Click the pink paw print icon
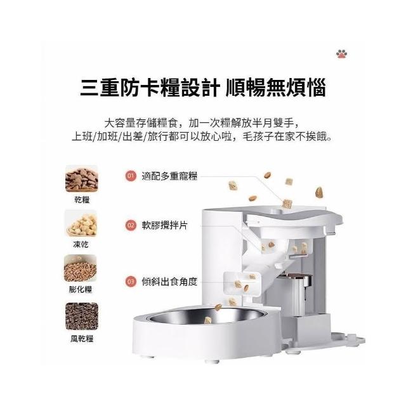[x=341, y=53]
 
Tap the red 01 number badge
[x=131, y=176]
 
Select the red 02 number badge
[x=131, y=225]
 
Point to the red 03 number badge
[x=131, y=281]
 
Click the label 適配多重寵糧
[x=169, y=176]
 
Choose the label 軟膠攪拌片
[x=164, y=225]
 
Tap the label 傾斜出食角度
[x=169, y=281]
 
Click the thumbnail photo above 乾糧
[x=82, y=179]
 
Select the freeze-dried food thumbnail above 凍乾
[x=81, y=223]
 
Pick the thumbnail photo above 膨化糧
[x=81, y=268]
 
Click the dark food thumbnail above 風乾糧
[x=82, y=316]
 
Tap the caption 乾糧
[x=82, y=200]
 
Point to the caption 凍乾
[x=81, y=244]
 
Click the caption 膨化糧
[x=81, y=289]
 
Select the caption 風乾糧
[x=82, y=338]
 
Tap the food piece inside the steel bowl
[x=207, y=320]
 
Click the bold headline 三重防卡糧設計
[x=150, y=88]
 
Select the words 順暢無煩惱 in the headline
[x=276, y=88]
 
